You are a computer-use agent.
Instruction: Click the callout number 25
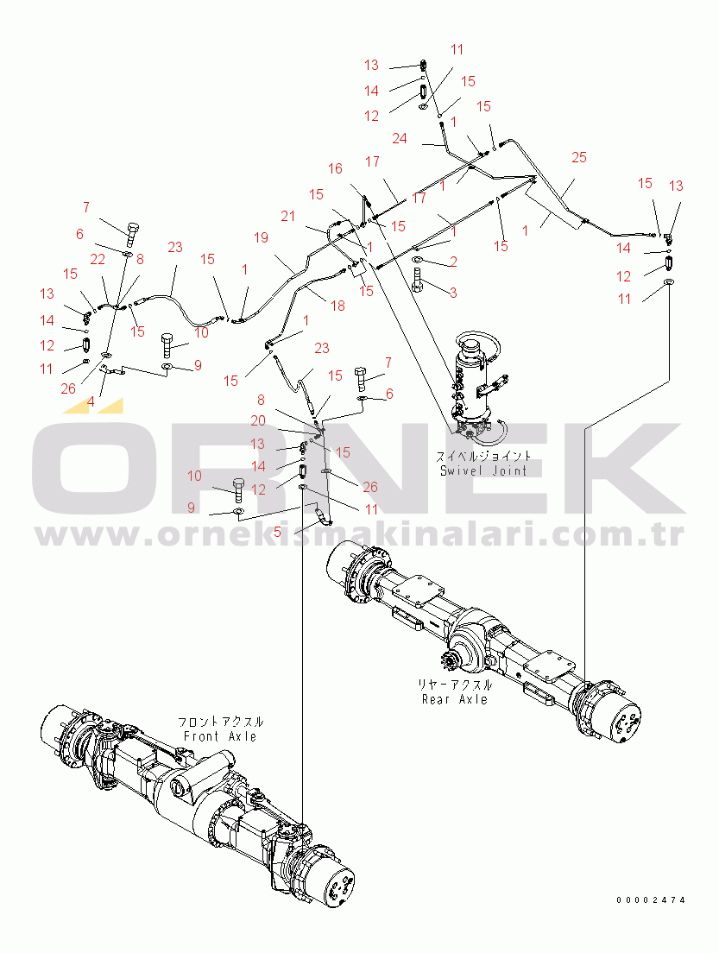tap(579, 157)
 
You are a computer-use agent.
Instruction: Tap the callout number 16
tap(335, 169)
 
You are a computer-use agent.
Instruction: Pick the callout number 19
tap(262, 237)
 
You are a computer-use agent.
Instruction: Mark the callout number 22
tap(98, 258)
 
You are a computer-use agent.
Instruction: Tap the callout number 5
tap(277, 533)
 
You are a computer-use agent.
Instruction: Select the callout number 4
tap(91, 401)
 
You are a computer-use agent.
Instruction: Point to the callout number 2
tap(451, 262)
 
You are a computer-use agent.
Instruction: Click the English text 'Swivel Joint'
tap(483, 470)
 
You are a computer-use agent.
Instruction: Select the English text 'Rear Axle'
tap(455, 698)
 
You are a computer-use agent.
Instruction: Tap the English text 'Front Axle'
tap(220, 736)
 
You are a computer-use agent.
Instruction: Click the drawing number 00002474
tap(651, 900)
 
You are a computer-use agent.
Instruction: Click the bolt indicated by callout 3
tap(419, 280)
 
